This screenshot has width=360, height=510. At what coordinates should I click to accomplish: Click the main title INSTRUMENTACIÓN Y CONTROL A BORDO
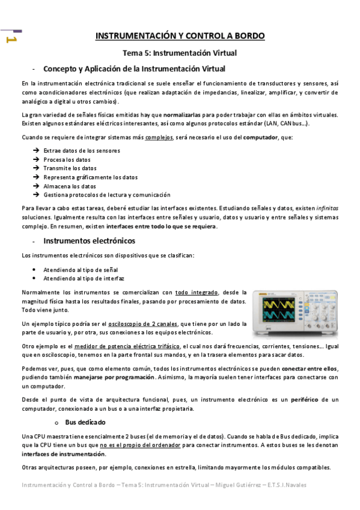[180, 36]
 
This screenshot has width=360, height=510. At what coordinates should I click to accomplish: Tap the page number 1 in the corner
[10, 40]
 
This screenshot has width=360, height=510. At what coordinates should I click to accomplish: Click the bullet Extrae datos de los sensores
[82, 150]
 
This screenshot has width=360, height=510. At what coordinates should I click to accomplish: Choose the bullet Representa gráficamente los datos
[90, 177]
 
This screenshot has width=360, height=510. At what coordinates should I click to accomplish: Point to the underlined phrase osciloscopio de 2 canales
[142, 324]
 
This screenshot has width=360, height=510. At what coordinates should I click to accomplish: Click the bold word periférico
[307, 399]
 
